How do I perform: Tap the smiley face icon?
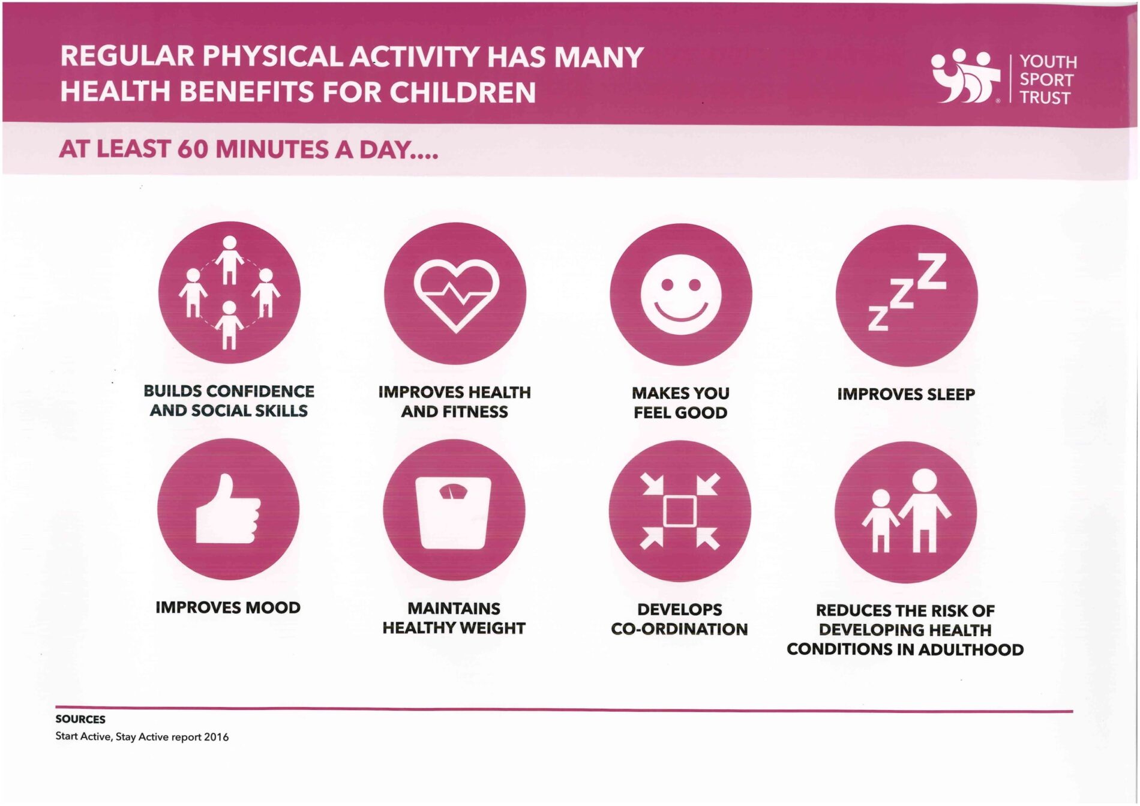680,294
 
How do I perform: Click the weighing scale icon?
454,513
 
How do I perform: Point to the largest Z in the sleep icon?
932,271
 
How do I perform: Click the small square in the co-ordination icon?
680,511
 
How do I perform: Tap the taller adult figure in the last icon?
925,510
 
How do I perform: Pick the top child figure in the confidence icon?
229,259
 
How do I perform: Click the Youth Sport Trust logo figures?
965,76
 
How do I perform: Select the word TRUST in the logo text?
1045,98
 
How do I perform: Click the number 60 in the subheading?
192,149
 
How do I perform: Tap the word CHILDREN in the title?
462,92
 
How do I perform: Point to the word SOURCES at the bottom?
80,719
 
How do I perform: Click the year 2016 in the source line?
216,737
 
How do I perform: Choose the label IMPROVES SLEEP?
906,394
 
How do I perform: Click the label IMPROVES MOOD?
228,607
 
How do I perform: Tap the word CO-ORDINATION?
679,629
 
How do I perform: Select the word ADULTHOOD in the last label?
971,649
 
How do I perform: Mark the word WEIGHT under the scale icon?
490,628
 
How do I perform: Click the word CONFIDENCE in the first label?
260,391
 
